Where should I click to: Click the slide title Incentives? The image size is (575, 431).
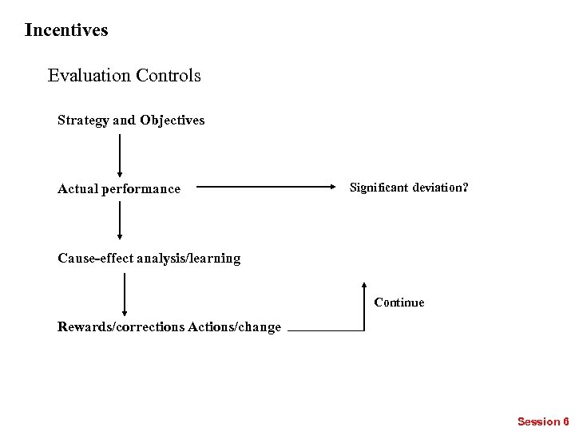tap(66, 30)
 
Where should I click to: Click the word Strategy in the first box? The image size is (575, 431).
tap(83, 121)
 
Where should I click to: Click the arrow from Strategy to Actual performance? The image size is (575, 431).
tap(120, 155)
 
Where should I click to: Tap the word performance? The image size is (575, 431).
tap(141, 189)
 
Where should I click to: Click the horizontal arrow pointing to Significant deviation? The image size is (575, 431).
tap(268, 188)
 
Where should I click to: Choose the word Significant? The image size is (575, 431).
tap(379, 188)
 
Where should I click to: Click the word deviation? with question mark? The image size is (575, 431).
tap(440, 188)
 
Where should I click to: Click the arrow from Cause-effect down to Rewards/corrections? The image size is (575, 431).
tap(125, 295)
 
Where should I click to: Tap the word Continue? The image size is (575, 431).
tap(399, 302)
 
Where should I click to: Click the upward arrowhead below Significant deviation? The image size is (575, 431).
tap(364, 287)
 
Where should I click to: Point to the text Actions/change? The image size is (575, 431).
tap(234, 327)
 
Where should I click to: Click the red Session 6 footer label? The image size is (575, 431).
tap(543, 421)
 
